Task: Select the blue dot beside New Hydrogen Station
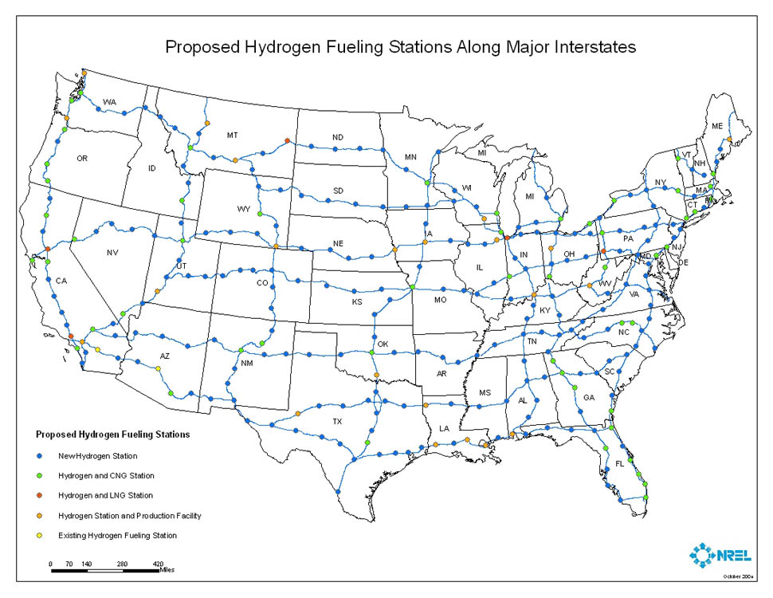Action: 40,456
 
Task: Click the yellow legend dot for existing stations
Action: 40,535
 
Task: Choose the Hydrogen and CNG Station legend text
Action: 106,476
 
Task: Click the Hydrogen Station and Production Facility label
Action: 129,516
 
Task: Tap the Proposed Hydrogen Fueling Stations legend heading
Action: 112,435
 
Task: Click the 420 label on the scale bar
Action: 158,564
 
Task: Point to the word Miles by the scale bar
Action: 166,570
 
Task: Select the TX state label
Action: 337,421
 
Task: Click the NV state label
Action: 112,253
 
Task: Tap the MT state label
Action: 232,136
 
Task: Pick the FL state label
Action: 620,463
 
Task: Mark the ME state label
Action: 717,126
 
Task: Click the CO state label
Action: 262,283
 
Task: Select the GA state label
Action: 589,397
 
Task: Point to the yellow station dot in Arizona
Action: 159,368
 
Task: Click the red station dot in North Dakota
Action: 286,142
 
